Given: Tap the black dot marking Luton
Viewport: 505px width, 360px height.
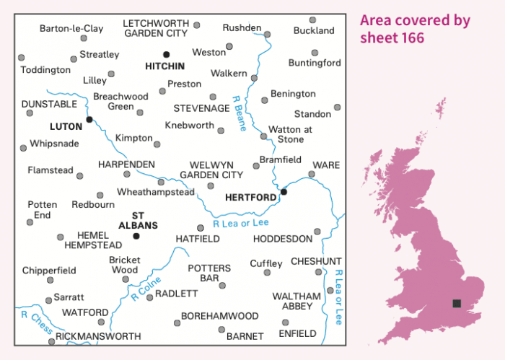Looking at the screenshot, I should pyautogui.click(x=89, y=119).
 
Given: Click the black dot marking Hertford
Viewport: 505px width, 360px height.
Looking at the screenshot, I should pyautogui.click(x=284, y=192).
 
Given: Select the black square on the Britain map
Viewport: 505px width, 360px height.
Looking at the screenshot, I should pyautogui.click(x=456, y=304).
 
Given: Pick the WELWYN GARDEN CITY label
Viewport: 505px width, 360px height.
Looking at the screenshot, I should pyautogui.click(x=211, y=170).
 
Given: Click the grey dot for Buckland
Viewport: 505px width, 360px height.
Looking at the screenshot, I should pyautogui.click(x=312, y=20).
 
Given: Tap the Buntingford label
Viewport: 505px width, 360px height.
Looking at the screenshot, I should pyautogui.click(x=314, y=63).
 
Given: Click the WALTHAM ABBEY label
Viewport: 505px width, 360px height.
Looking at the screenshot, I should pyautogui.click(x=292, y=301).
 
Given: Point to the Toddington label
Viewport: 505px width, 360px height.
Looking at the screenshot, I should pyautogui.click(x=45, y=70).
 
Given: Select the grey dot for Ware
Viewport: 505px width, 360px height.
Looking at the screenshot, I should pyautogui.click(x=312, y=174).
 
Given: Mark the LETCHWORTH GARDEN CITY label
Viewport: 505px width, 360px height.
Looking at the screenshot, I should pyautogui.click(x=156, y=28).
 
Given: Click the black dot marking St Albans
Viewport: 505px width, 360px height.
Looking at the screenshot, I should pyautogui.click(x=136, y=235).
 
